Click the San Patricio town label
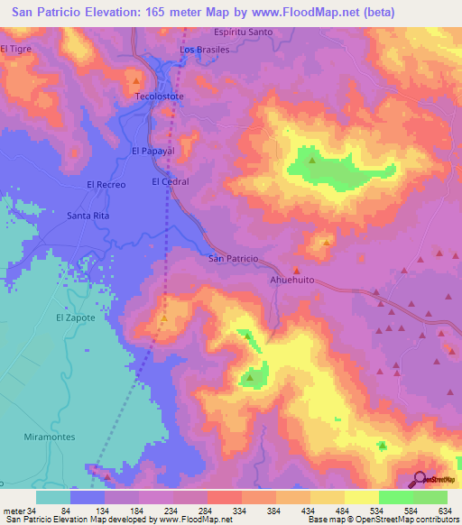coord(234,259)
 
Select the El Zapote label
coord(75,318)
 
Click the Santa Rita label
coord(88,216)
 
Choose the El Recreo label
coord(105,184)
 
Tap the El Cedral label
coord(170,181)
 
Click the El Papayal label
coord(152,151)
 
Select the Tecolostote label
coord(158,95)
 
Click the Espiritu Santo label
coord(246,32)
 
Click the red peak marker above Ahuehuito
coord(296,269)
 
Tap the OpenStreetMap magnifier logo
coord(420,479)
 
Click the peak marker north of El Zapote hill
coord(163,318)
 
